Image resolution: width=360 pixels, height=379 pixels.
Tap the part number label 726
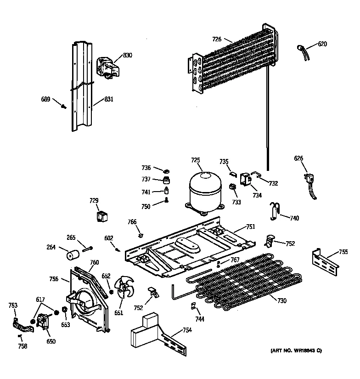pyautogui.click(x=217, y=40)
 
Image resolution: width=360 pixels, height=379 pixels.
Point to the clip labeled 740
pyautogui.click(x=275, y=210)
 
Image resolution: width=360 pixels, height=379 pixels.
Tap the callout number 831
pyautogui.click(x=108, y=99)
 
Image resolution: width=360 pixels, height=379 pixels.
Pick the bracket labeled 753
pyautogui.click(x=21, y=324)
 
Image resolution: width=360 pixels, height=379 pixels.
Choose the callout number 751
pyautogui.click(x=251, y=226)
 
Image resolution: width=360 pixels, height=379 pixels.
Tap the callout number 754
pyautogui.click(x=187, y=330)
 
